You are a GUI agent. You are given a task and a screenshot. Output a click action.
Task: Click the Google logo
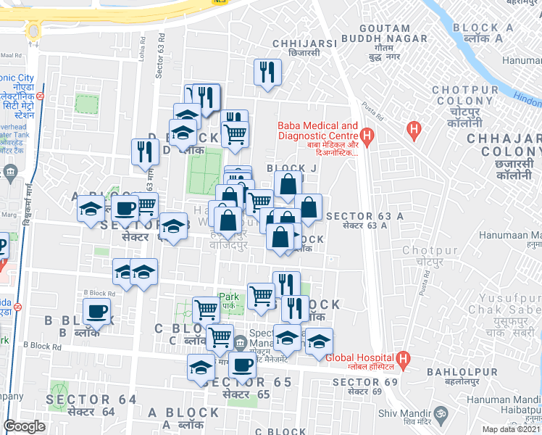tap(25, 426)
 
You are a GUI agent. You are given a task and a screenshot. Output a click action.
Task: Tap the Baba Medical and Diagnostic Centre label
tap(317, 138)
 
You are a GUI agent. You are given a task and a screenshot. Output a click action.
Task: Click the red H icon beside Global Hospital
tap(404, 357)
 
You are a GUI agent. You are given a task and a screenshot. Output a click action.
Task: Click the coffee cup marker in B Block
tap(96, 313)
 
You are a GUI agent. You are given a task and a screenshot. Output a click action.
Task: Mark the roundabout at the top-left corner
tap(33, 30)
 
